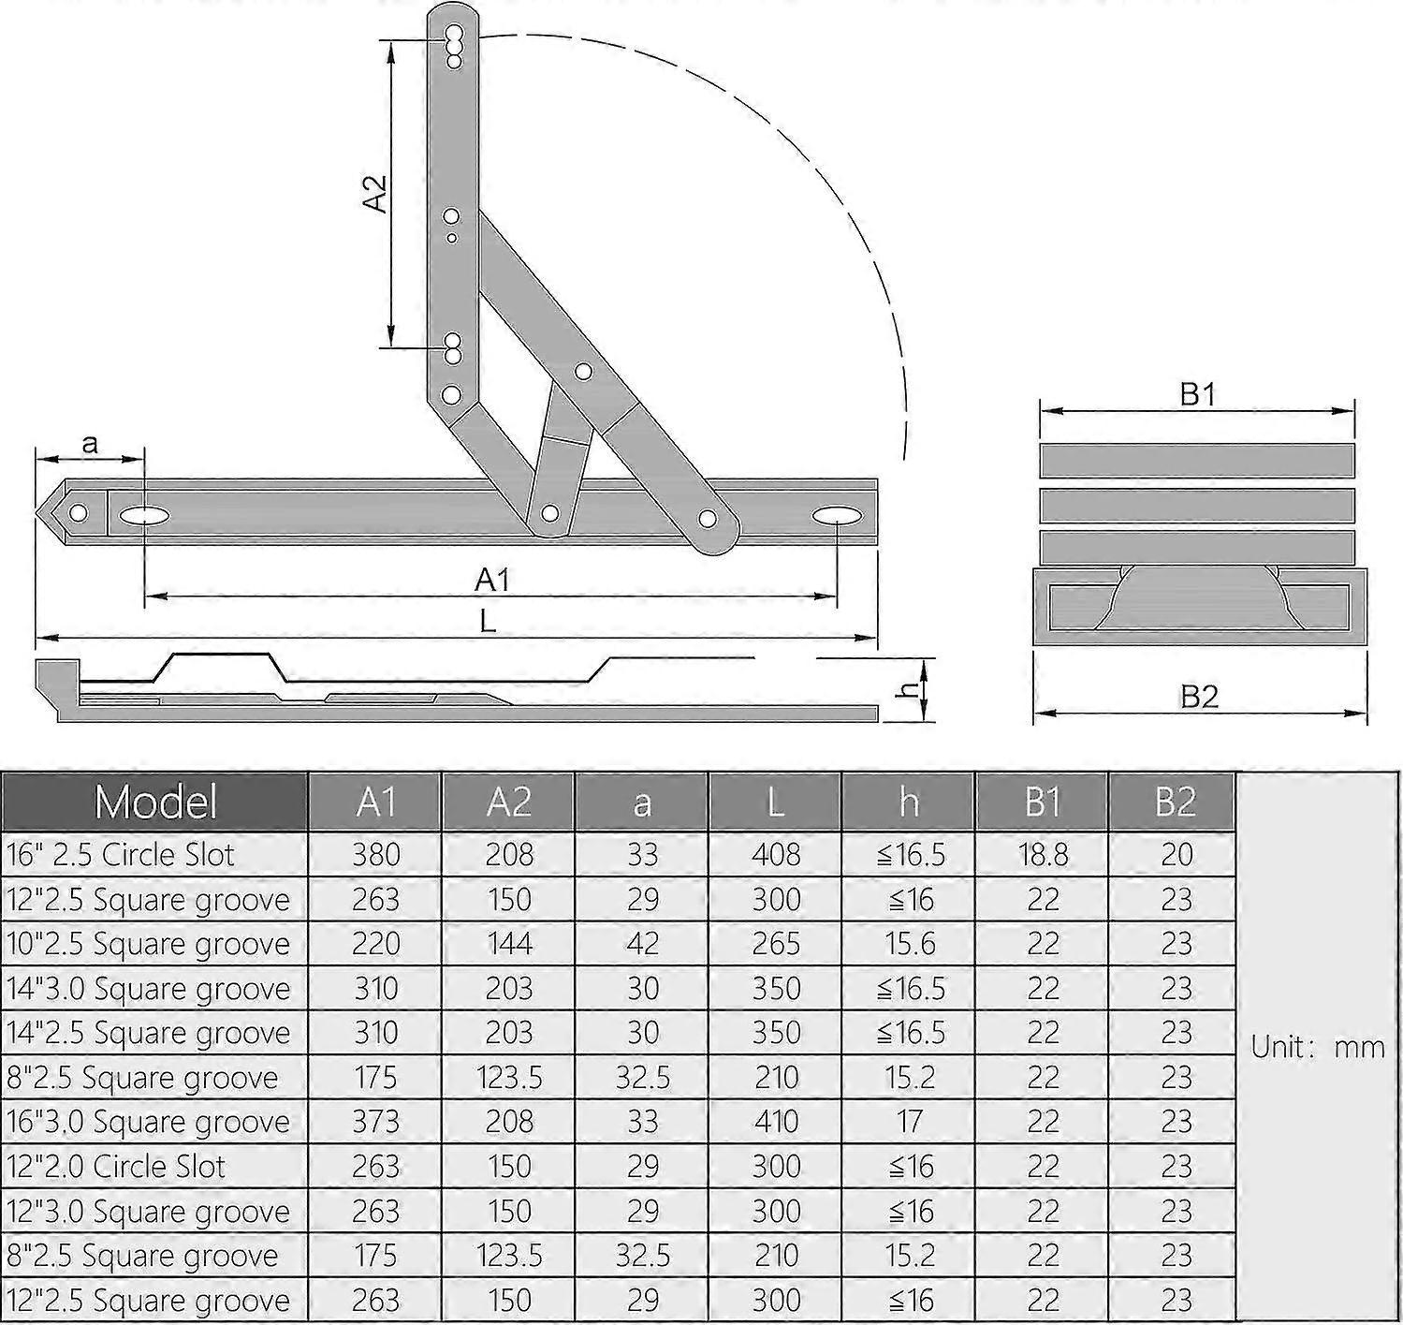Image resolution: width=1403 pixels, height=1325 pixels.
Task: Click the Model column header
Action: tap(155, 802)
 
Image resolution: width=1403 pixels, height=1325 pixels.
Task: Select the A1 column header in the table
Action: tap(375, 802)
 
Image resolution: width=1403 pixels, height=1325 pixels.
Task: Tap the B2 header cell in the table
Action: tap(1175, 802)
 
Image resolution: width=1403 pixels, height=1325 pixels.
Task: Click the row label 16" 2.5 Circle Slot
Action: tap(121, 854)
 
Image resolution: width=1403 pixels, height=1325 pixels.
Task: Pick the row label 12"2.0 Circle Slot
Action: tap(116, 1166)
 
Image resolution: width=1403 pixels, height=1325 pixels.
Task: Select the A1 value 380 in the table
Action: tap(375, 854)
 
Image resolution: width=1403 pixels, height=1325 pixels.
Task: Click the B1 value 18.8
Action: tap(1042, 854)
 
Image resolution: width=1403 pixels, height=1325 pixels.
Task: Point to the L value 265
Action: tap(776, 943)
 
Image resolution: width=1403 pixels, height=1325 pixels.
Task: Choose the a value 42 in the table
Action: tap(642, 943)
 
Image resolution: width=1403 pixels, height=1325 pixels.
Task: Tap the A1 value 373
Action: tap(375, 1121)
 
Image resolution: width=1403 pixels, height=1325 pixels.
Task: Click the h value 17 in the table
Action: tap(909, 1121)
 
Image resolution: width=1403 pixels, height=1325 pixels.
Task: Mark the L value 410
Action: tap(776, 1121)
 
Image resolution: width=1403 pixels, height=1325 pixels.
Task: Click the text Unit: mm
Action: tap(1318, 1046)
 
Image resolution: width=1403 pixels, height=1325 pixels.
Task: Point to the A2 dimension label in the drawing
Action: tap(374, 193)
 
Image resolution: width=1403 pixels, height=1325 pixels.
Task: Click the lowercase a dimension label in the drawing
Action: tap(90, 443)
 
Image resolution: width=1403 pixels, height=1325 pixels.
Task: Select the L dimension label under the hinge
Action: tap(488, 621)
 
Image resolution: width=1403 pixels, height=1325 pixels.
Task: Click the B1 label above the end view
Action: tap(1197, 394)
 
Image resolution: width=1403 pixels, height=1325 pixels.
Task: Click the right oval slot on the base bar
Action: tap(836, 516)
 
